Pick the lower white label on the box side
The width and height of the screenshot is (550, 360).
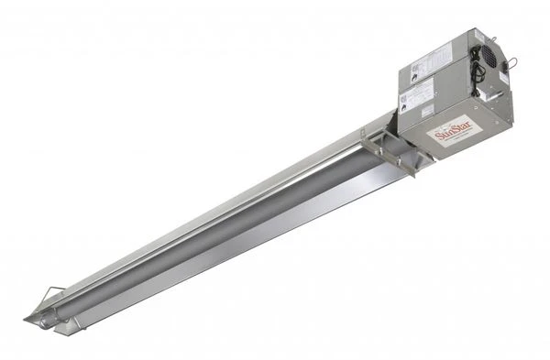pyautogui.click(x=420, y=92)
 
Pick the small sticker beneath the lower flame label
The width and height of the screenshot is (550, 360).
pyautogui.click(x=427, y=110)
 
